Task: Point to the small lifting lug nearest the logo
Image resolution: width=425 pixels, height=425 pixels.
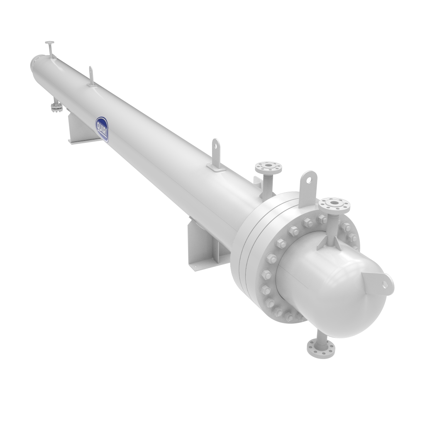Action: click(92, 77)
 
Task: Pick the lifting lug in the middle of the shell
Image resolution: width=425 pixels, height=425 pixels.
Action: click(216, 154)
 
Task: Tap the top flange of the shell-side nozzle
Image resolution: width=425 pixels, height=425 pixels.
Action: click(268, 168)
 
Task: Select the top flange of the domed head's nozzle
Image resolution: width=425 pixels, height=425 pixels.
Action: click(334, 204)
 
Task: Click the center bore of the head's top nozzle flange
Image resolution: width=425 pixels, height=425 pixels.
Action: click(334, 203)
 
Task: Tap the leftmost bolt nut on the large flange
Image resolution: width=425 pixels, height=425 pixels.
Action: click(265, 274)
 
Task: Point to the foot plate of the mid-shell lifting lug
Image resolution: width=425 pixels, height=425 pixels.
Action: click(216, 168)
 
